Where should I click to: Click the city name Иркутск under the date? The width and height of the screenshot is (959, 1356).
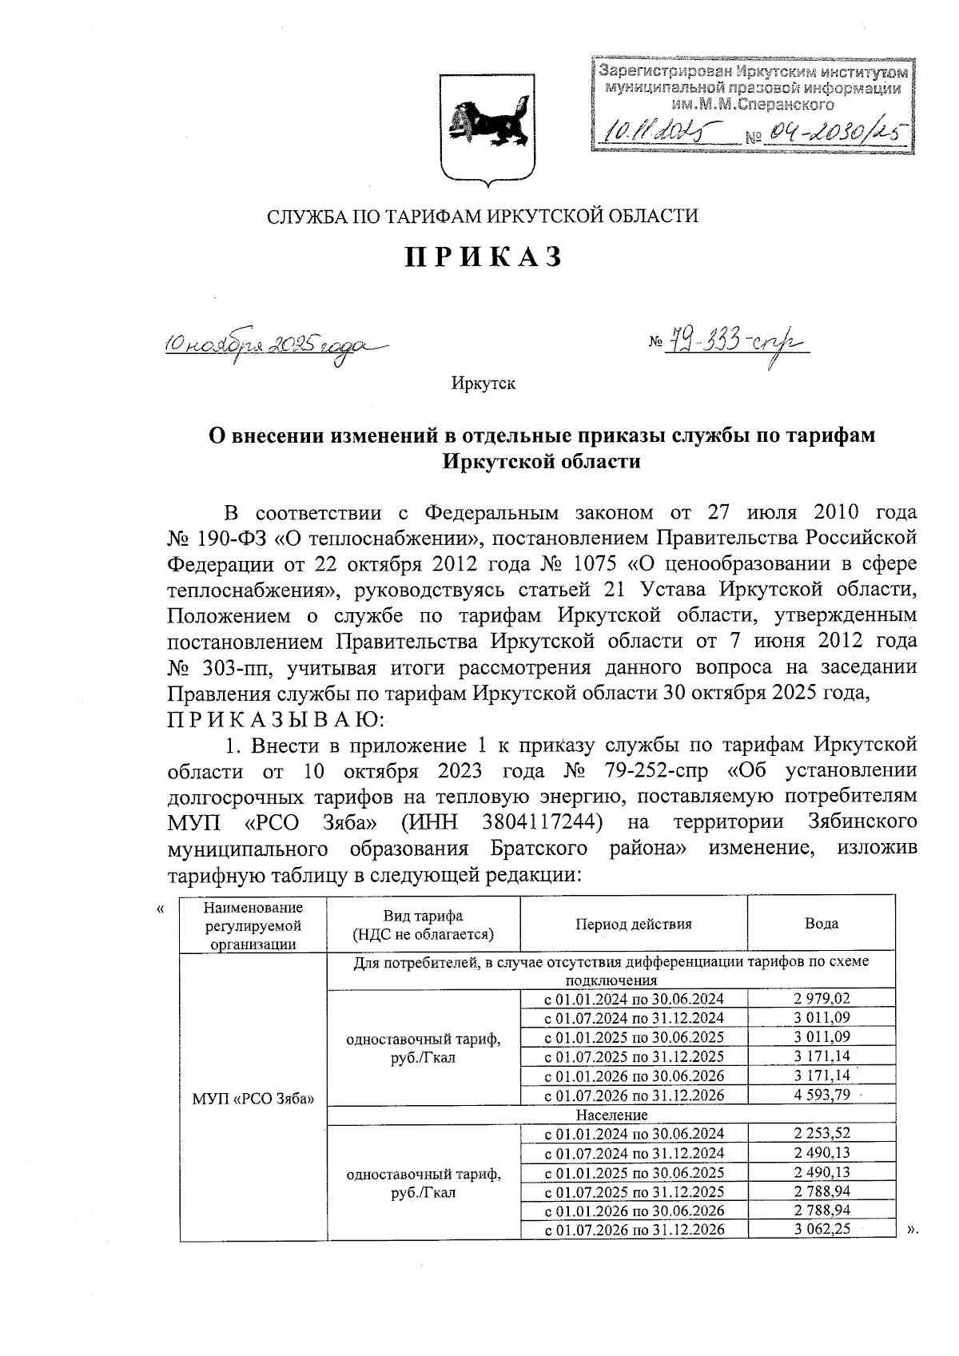tap(483, 384)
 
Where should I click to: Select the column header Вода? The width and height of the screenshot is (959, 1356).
tap(821, 924)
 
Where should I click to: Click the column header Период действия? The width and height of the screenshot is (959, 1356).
tap(634, 924)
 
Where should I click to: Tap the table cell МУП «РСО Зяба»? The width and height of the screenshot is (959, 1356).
tap(253, 1096)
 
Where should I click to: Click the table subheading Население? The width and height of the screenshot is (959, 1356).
tap(611, 1114)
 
